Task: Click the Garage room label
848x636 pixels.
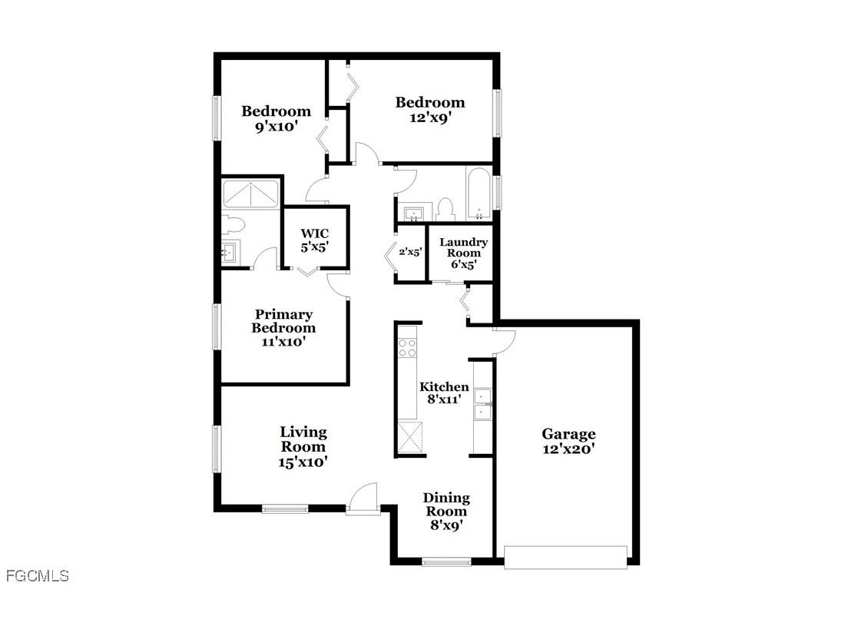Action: [568, 442]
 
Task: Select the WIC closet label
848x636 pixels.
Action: [314, 240]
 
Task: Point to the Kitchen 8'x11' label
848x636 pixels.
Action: [443, 393]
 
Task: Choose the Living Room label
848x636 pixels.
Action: [303, 446]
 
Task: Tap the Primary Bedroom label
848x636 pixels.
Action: [283, 327]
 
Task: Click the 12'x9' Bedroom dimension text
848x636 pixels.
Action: [429, 118]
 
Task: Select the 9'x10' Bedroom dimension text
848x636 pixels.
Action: [276, 127]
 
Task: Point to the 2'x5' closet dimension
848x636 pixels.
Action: [409, 252]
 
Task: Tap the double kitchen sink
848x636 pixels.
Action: [483, 406]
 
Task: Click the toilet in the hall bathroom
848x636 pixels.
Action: [444, 209]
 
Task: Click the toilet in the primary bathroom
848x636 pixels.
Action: [234, 225]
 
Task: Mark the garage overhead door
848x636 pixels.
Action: [565, 557]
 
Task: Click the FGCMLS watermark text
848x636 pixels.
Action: [37, 575]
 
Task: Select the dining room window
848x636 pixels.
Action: [446, 562]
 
